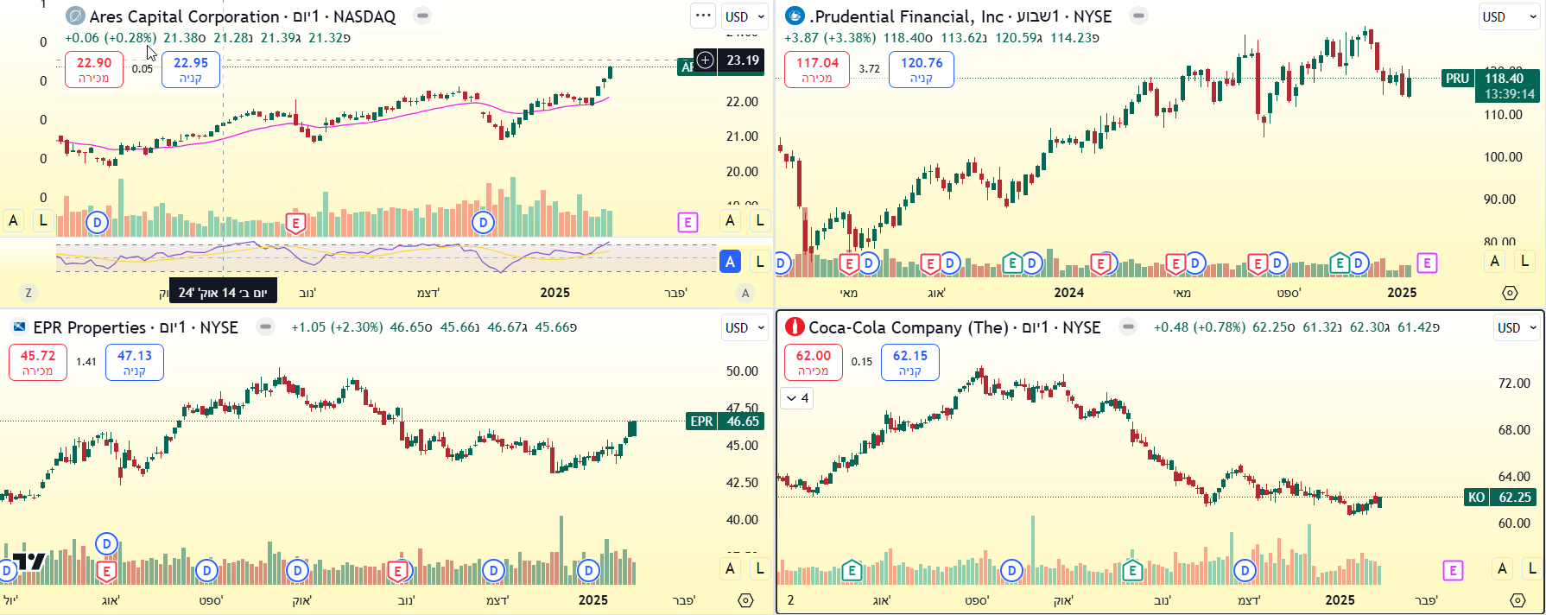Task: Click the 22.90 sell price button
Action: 94,69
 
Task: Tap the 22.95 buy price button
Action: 191,69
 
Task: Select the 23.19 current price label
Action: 742,60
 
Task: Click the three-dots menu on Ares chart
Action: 703,16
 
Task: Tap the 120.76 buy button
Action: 922,69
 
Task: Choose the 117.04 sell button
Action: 817,69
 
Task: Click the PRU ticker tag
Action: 1457,79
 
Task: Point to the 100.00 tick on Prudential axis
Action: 1503,157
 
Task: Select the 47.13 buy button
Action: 135,362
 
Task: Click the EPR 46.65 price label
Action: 742,422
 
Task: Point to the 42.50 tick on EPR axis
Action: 742,483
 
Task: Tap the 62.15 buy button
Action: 910,362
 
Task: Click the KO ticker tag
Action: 1477,498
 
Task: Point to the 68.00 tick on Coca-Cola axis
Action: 1513,430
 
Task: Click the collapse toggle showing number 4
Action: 796,398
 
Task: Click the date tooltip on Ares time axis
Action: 223,292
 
